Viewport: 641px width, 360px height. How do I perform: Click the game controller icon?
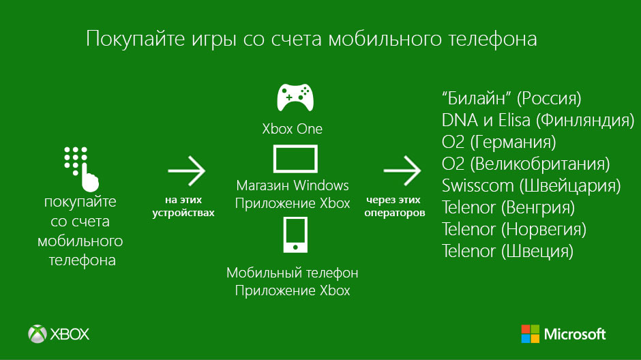(x=295, y=97)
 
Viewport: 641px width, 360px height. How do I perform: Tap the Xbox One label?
(x=293, y=129)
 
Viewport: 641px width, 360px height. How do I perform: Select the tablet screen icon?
(x=295, y=159)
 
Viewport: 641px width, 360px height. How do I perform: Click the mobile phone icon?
(x=295, y=235)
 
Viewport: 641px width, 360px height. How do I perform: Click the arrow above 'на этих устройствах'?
(x=186, y=170)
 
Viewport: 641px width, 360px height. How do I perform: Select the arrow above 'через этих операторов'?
(x=402, y=170)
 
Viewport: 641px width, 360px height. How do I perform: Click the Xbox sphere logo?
(x=38, y=334)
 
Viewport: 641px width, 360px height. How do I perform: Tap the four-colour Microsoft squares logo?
(x=531, y=334)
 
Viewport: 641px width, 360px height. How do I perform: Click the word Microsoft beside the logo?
(x=575, y=334)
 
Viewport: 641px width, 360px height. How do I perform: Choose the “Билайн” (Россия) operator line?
(x=511, y=98)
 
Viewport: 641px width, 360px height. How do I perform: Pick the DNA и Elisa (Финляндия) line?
(x=538, y=120)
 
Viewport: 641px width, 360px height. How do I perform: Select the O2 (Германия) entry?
(x=498, y=142)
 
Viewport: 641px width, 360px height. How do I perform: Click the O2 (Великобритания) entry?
(x=526, y=164)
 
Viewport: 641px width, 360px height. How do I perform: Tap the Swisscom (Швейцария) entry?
(x=531, y=186)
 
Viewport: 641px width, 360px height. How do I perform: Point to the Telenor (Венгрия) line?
(x=508, y=207)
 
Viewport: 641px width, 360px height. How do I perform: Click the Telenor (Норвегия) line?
(x=514, y=229)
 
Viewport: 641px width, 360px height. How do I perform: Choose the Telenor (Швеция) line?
(x=507, y=252)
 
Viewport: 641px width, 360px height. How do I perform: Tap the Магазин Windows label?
(x=293, y=185)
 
